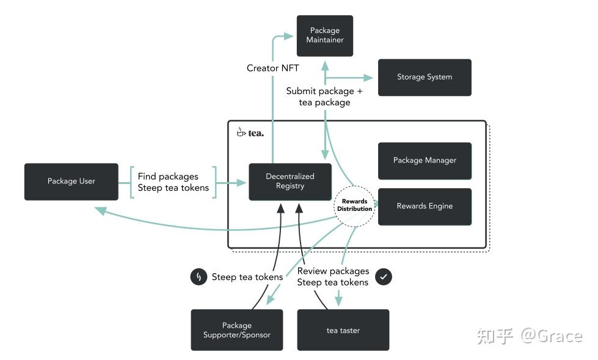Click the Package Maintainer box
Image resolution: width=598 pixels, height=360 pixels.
(x=324, y=35)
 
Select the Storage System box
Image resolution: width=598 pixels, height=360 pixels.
(x=425, y=77)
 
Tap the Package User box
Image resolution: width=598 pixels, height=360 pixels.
(x=71, y=182)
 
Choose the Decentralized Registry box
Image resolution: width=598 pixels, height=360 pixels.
(x=290, y=182)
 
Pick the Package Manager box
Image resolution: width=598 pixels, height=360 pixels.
(x=425, y=161)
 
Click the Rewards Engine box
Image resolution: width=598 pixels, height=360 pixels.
(x=425, y=207)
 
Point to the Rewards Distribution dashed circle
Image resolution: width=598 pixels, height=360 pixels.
(x=354, y=205)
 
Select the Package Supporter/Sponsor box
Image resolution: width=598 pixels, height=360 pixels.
(x=236, y=330)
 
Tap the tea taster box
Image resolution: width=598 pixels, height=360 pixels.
(x=343, y=330)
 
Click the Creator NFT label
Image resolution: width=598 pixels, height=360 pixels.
(x=272, y=68)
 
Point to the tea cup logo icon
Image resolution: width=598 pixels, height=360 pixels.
(x=241, y=132)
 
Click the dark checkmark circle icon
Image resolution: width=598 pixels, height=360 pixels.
(x=384, y=277)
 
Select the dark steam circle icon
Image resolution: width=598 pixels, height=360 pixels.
(x=199, y=277)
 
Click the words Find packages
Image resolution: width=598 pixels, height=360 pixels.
(x=168, y=176)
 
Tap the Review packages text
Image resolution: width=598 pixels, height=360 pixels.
(x=333, y=271)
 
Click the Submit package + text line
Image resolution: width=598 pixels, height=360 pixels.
(x=324, y=91)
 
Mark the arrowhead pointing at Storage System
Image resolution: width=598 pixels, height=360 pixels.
(x=368, y=78)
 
